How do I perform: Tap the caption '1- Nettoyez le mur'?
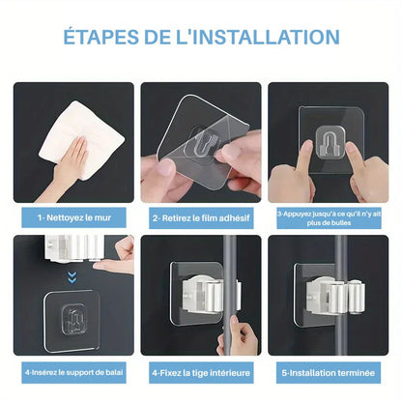click(x=73, y=217)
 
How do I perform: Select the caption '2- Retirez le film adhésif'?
click(x=201, y=217)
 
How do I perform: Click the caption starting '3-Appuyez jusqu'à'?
click(x=329, y=217)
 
